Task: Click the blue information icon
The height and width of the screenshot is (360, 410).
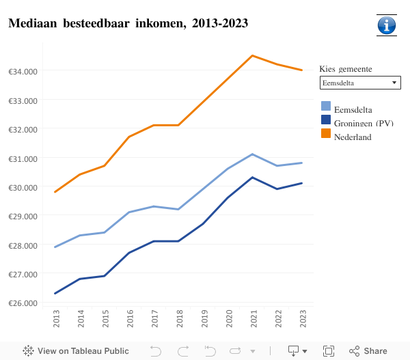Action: (386, 25)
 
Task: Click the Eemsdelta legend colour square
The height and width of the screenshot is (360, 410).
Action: (326, 107)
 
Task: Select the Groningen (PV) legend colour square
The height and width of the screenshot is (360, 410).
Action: (326, 120)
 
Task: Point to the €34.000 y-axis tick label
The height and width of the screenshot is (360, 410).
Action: (23, 71)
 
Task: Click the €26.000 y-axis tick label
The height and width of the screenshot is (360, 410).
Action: (23, 303)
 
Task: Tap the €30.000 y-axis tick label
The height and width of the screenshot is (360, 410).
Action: (23, 187)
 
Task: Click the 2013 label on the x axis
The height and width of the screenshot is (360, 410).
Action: (55, 318)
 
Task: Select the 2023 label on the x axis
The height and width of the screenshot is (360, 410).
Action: (301, 318)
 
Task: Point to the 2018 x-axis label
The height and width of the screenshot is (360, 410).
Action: (178, 318)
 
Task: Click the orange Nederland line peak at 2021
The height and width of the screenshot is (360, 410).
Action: (252, 55)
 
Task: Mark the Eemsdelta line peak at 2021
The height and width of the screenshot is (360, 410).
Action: (252, 154)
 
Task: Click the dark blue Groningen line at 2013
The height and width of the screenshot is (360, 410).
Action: (55, 294)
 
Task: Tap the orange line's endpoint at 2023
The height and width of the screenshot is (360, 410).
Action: (301, 70)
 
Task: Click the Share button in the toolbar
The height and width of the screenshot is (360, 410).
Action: (368, 351)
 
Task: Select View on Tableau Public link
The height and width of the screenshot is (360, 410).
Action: (76, 351)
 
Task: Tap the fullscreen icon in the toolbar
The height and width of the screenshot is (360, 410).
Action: (328, 351)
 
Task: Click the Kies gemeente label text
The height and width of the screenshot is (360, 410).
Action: (346, 69)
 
